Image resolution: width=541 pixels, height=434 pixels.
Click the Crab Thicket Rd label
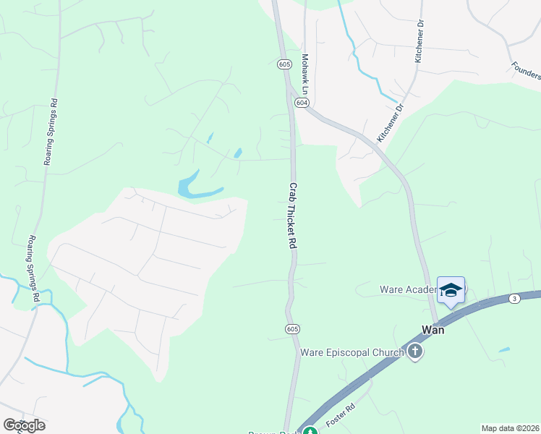294,216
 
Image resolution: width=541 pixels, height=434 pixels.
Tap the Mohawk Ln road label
306,75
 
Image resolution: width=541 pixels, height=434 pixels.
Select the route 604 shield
302,103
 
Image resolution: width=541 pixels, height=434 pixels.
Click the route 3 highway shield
514,298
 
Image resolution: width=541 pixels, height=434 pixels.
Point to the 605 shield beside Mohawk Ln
284,64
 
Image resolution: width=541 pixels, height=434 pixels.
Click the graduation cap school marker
451,290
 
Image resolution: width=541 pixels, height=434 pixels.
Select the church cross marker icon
415,352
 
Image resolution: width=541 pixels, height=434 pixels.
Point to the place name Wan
433,329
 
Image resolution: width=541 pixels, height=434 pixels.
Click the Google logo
24,425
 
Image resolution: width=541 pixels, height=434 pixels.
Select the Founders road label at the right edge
526,70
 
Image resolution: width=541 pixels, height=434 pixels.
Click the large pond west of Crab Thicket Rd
193,186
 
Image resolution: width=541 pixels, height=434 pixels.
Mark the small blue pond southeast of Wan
503,350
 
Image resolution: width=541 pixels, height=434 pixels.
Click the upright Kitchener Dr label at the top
419,42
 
